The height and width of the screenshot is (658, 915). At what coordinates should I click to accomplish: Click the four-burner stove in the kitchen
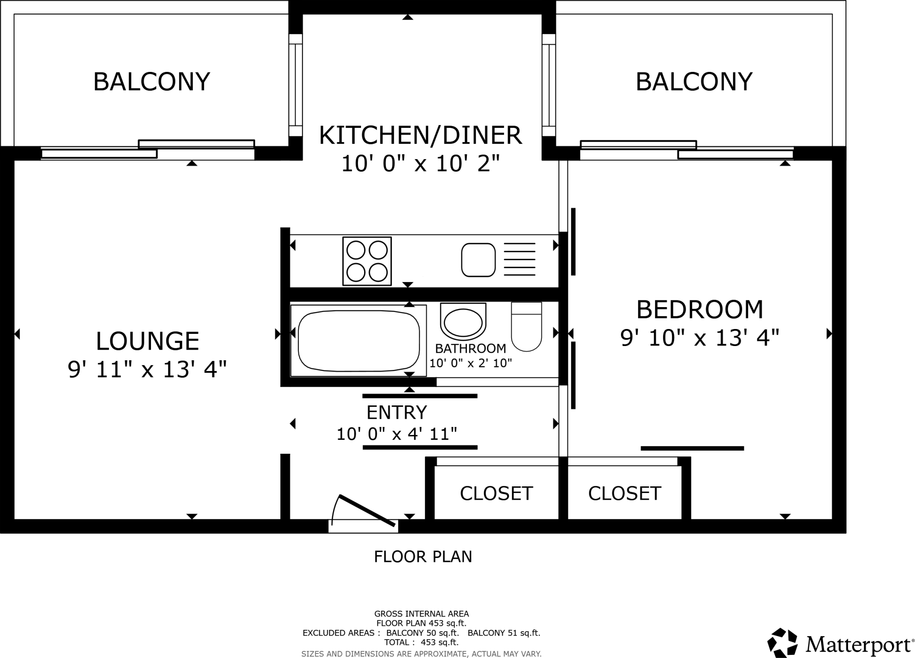pyautogui.click(x=367, y=261)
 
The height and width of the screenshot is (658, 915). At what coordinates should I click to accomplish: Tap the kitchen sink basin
pyautogui.click(x=478, y=260)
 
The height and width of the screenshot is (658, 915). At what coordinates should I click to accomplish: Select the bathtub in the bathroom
pyautogui.click(x=359, y=341)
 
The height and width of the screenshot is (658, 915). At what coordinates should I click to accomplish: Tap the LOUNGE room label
pyautogui.click(x=147, y=341)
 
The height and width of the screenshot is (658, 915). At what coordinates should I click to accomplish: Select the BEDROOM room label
pyautogui.click(x=700, y=310)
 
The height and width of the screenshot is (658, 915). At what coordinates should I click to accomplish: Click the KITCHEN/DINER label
pyautogui.click(x=420, y=135)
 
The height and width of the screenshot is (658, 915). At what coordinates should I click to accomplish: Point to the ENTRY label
pyautogui.click(x=397, y=413)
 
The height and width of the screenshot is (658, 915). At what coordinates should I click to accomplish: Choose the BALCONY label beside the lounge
pyautogui.click(x=151, y=81)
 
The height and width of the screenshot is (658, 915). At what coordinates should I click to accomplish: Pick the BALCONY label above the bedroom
pyautogui.click(x=694, y=81)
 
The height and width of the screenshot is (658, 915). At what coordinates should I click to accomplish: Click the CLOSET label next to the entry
pyautogui.click(x=496, y=493)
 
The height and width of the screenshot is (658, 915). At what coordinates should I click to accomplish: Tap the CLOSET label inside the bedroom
pyautogui.click(x=624, y=493)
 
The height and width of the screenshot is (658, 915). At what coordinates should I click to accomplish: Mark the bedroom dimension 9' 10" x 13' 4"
pyautogui.click(x=700, y=338)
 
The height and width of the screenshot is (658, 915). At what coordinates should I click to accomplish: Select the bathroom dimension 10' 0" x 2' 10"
pyautogui.click(x=470, y=363)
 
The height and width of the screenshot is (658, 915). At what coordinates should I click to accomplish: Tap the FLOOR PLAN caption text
pyautogui.click(x=423, y=557)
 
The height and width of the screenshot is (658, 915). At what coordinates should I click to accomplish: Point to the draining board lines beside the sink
pyautogui.click(x=519, y=259)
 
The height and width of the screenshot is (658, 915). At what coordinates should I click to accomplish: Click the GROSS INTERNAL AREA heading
pyautogui.click(x=421, y=614)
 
